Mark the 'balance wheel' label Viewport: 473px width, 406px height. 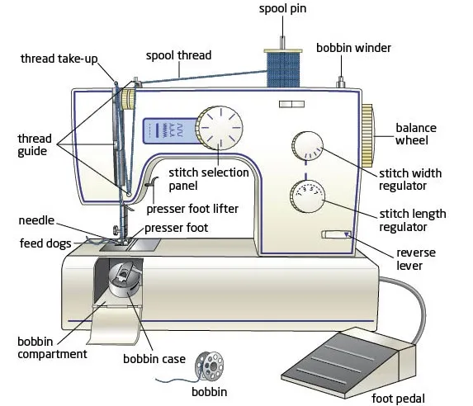(x=416, y=135)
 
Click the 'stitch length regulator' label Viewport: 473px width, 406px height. (x=412, y=220)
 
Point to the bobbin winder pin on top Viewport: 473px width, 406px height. (x=338, y=81)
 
